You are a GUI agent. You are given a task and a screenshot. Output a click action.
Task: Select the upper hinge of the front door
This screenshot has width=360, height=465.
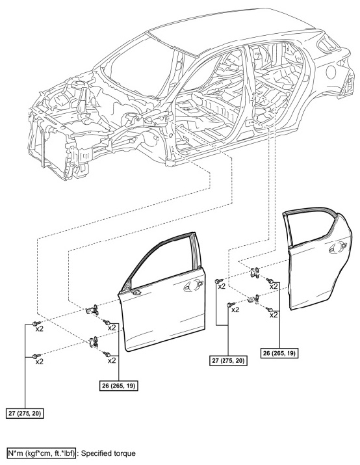point(92,310)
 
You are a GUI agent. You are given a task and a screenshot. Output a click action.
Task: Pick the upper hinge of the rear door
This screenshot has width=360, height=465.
point(254,273)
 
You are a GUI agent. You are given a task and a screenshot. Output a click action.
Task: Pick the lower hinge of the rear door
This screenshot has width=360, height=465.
point(253,299)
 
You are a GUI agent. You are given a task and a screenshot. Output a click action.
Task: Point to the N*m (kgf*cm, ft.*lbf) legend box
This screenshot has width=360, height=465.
point(41,453)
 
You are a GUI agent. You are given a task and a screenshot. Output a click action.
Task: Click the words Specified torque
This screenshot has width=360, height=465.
point(108,453)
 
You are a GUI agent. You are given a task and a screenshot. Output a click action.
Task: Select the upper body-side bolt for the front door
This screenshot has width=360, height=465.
point(36,323)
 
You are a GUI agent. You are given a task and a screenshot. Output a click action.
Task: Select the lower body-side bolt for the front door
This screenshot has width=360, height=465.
point(36,355)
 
